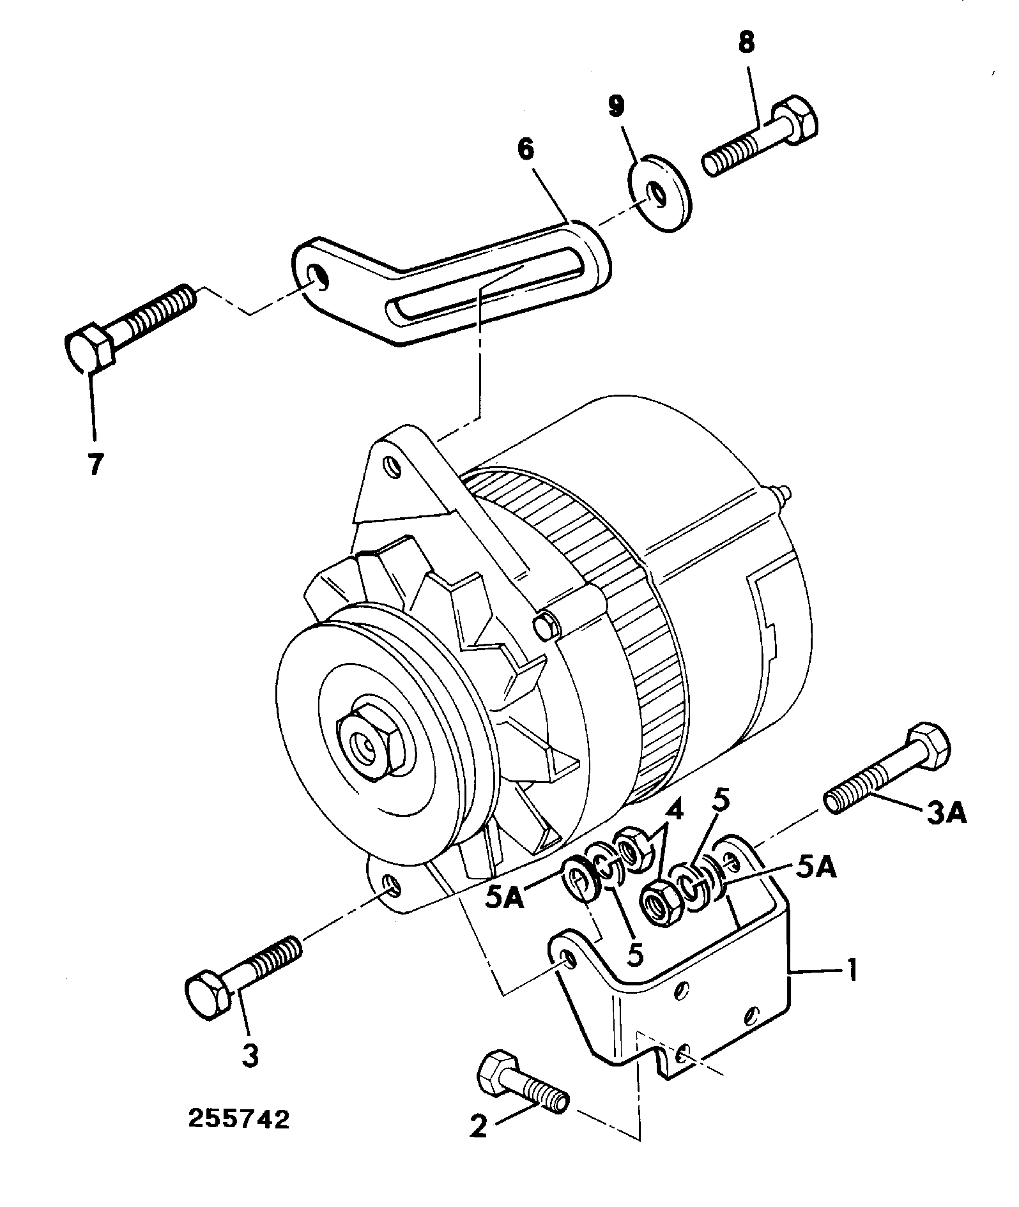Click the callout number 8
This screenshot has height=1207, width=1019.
746,43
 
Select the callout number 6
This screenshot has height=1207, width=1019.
525,149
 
